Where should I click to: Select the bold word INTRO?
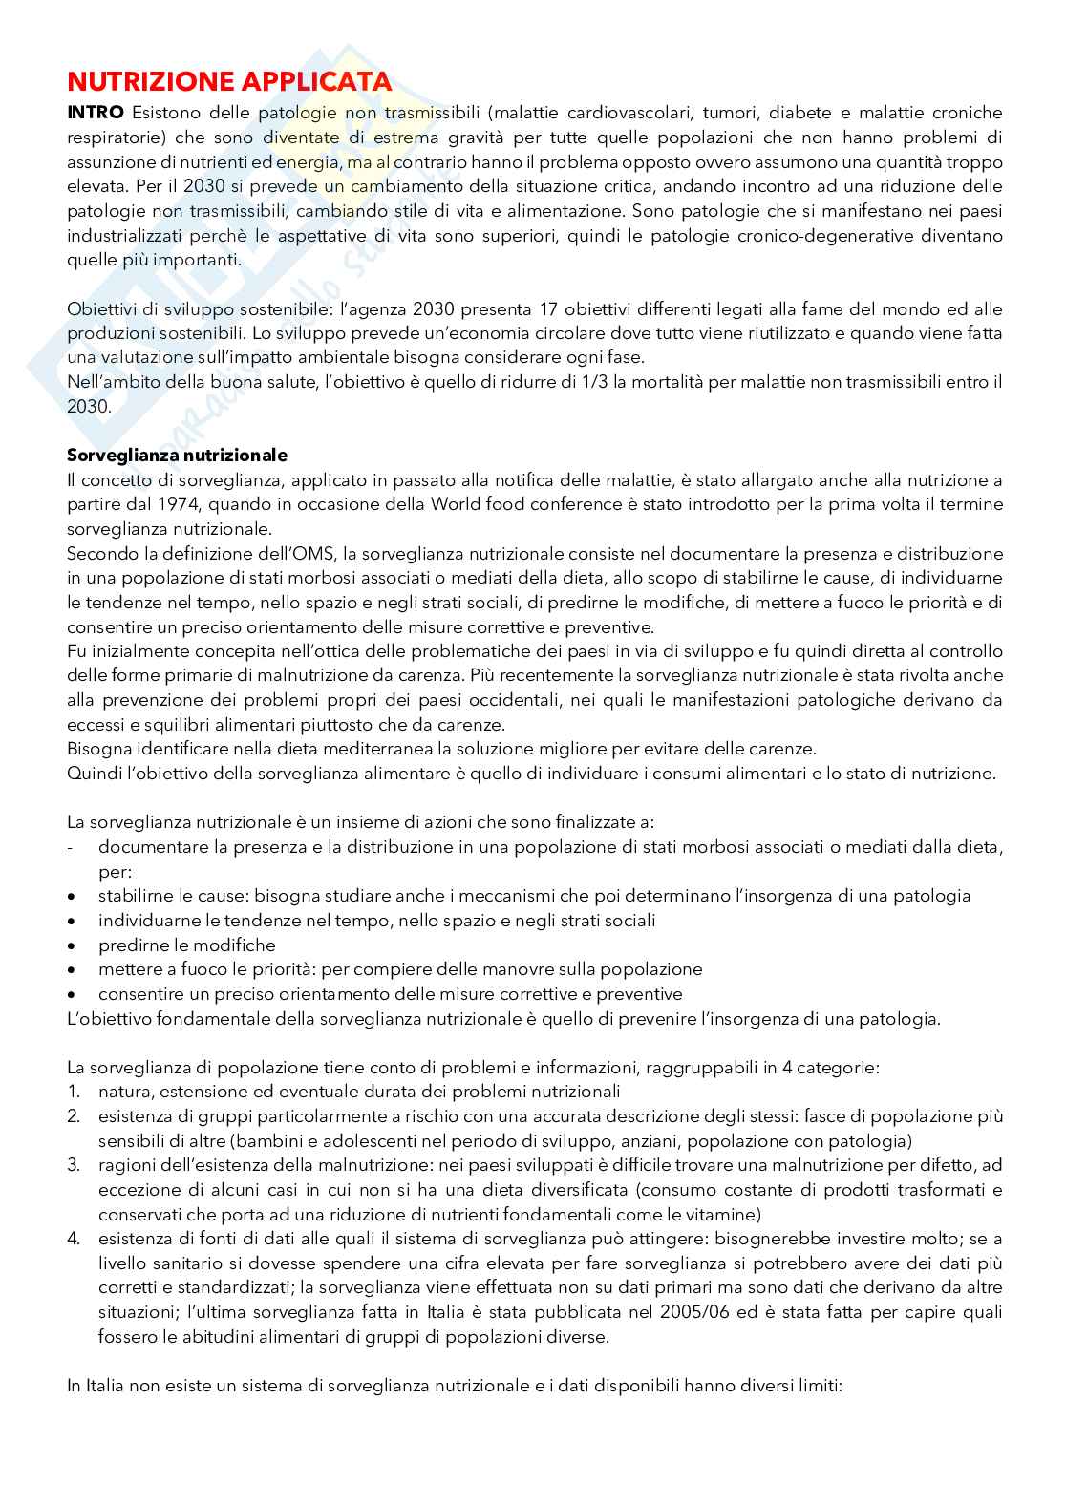(x=95, y=113)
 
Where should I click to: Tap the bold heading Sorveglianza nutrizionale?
(x=177, y=455)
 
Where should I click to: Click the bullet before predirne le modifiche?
(x=73, y=945)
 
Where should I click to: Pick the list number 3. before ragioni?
(x=74, y=1165)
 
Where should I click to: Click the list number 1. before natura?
(x=74, y=1092)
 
